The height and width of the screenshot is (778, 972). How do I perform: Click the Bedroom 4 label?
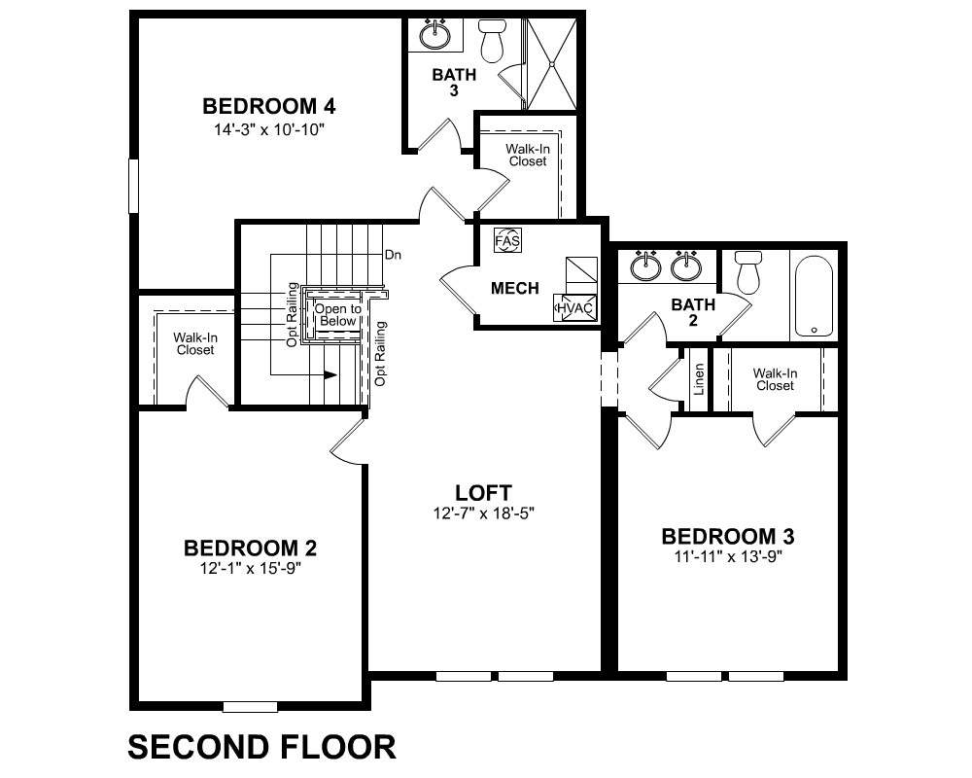point(268,106)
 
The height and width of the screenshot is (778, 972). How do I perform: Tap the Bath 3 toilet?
point(492,41)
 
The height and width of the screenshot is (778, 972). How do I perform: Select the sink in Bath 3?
point(435,34)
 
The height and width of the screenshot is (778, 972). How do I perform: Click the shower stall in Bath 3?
point(550,64)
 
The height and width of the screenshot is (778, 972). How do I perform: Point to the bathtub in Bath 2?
point(814,296)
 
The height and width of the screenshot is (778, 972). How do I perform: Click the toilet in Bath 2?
point(748,271)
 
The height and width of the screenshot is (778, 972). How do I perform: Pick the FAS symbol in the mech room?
point(508,240)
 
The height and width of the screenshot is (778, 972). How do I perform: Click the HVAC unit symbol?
point(575,307)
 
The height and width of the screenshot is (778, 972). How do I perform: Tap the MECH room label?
point(514,288)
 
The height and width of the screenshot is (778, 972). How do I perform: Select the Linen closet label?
point(699,379)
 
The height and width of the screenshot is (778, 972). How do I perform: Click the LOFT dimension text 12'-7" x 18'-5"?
point(483,513)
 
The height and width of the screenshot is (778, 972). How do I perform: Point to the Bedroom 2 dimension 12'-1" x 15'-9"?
point(251,568)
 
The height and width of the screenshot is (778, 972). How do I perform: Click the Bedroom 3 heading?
point(728,536)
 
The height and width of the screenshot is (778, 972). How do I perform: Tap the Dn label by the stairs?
point(393,255)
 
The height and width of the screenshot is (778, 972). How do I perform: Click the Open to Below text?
point(338,314)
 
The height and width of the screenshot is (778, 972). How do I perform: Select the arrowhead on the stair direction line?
point(330,374)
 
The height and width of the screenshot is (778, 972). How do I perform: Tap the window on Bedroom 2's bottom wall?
point(250,707)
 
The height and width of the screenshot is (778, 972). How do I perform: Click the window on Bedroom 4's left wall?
point(132,186)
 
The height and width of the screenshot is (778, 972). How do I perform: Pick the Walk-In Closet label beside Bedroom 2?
point(195,343)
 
